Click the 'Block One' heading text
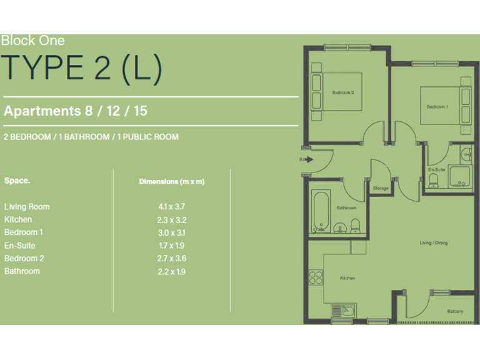[32, 41]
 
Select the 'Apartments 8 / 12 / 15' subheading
[76, 111]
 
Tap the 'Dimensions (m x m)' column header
[171, 181]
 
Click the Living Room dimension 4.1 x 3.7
[171, 207]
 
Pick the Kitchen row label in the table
[18, 220]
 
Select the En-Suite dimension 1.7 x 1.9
[171, 246]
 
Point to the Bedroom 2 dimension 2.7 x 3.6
[171, 259]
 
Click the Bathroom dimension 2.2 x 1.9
[171, 271]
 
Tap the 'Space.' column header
[17, 181]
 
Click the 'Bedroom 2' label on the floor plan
[343, 92]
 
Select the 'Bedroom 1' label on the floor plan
[437, 107]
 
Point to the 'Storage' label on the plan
[381, 188]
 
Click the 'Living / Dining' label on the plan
[433, 242]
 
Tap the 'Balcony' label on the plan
[455, 311]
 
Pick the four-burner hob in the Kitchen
[316, 279]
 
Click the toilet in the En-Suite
[432, 181]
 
